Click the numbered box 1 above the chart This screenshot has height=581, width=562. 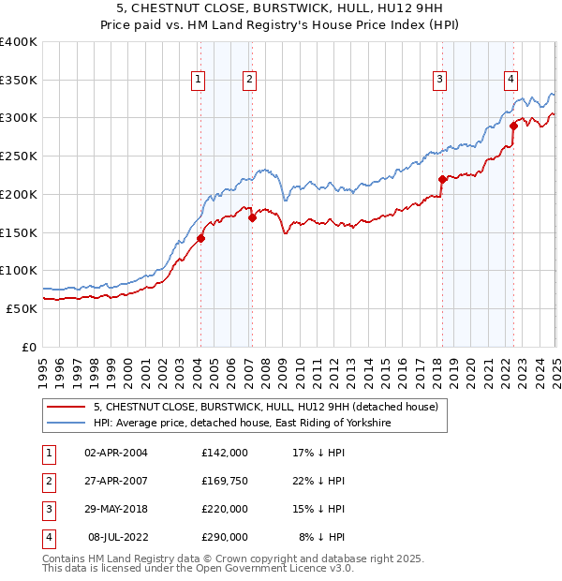[x=200, y=81]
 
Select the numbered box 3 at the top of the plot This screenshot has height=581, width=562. [x=439, y=81]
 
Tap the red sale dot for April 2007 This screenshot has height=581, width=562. [x=252, y=217]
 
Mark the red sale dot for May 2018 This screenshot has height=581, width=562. [x=442, y=179]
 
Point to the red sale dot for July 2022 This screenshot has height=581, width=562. [x=513, y=126]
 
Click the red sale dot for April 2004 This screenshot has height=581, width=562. [x=200, y=238]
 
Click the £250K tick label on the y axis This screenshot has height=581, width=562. [x=18, y=156]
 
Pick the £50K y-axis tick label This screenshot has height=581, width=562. [x=22, y=307]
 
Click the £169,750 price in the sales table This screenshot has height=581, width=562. [x=225, y=481]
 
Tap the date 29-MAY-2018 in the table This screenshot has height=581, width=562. [x=116, y=509]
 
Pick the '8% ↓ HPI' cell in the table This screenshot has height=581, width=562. [x=322, y=537]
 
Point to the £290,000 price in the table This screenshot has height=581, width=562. [x=225, y=537]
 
